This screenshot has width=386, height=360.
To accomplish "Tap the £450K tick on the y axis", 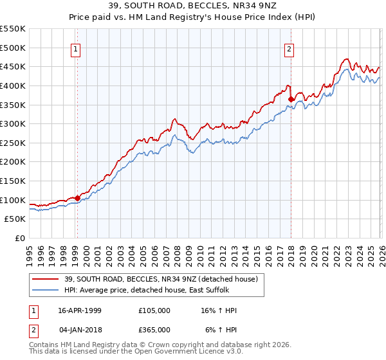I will [x=14, y=66].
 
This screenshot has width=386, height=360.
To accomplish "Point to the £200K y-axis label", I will [x=14, y=161].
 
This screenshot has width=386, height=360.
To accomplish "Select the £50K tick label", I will [x=16, y=219].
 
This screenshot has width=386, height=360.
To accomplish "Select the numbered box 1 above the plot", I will [x=77, y=49].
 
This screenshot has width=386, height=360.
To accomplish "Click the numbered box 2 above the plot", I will [x=289, y=49].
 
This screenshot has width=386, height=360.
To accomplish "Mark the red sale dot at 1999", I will [x=78, y=198].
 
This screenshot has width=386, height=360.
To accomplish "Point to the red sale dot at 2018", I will [x=291, y=99].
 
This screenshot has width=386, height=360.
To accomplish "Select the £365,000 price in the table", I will [x=154, y=329].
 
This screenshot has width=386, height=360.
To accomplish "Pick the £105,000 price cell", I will [x=154, y=310].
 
